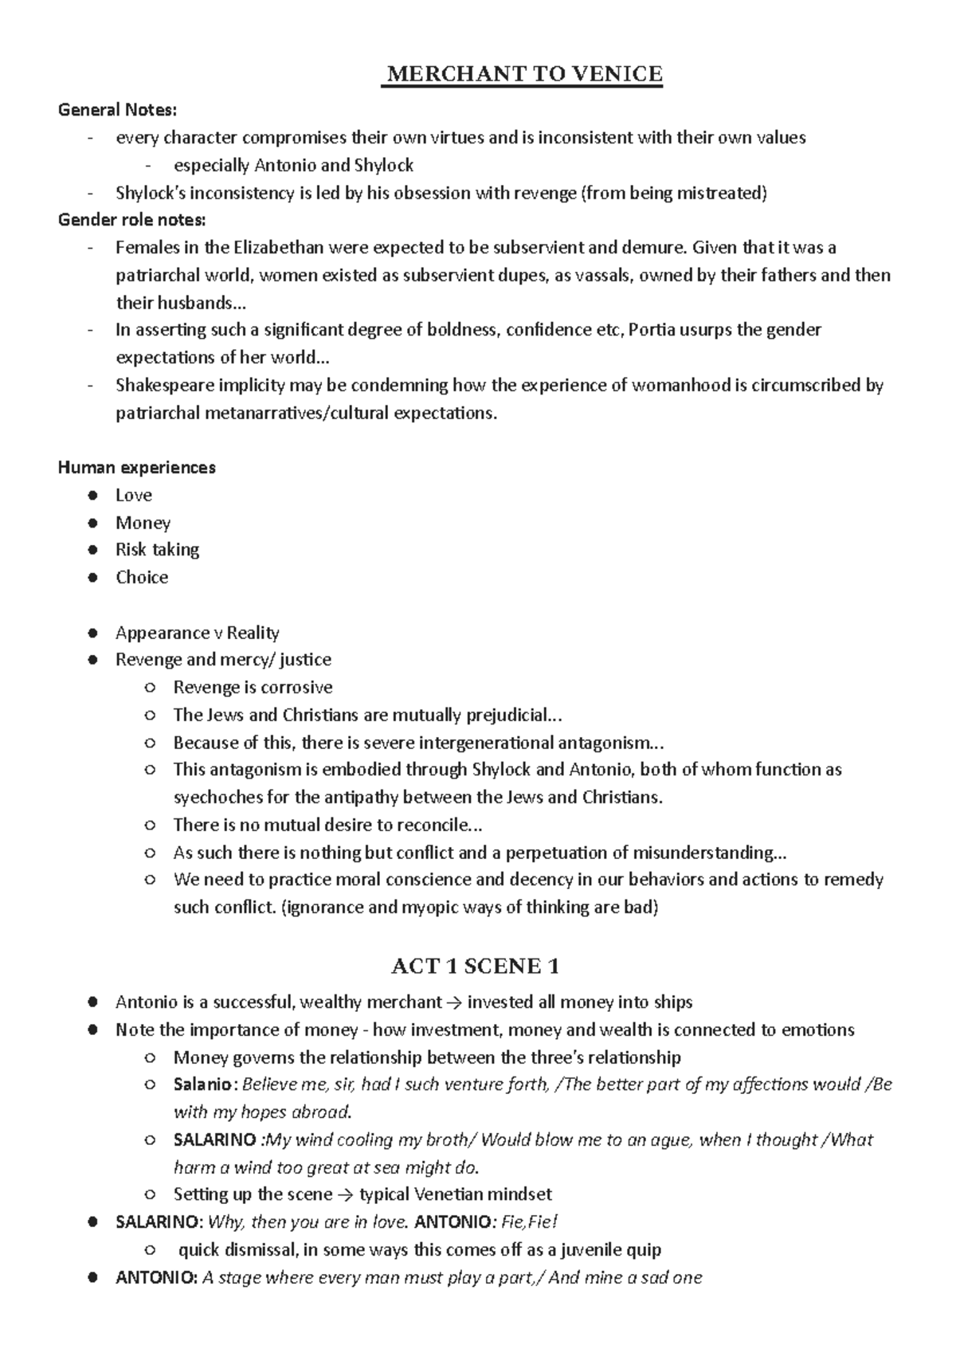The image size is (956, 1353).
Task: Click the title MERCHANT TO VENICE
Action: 523,75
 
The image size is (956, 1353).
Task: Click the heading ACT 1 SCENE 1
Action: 475,967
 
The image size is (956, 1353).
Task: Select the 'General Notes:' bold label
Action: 118,109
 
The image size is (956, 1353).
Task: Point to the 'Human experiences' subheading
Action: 136,467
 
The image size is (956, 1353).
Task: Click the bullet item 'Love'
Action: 133,495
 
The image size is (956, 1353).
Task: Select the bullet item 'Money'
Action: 143,523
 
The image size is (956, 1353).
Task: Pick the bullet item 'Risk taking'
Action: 157,550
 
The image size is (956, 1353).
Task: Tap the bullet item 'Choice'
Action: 141,577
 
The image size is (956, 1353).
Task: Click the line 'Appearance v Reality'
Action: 197,633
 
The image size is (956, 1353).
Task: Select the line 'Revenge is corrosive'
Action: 253,687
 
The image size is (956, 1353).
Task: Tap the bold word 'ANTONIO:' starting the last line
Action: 156,1278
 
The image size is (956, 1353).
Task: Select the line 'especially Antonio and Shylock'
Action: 293,165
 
